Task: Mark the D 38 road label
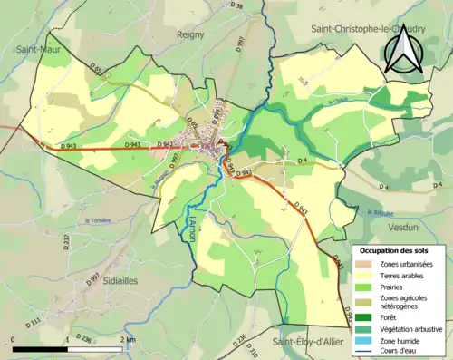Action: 237,6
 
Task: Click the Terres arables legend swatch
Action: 363,275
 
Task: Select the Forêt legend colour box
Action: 363,316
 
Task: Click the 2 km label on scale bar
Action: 130,340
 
